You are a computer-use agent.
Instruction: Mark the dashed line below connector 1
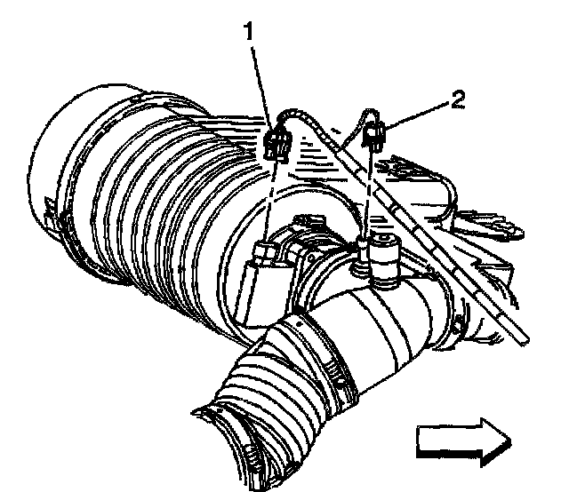click(270, 200)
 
